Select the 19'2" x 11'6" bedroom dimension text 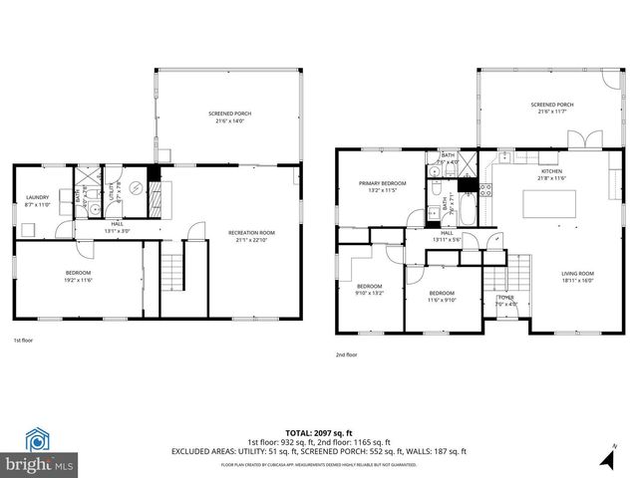(78, 280)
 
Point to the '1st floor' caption (24, 341)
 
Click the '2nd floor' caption (348, 354)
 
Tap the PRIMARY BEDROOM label (383, 183)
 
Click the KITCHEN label (552, 171)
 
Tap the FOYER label (505, 297)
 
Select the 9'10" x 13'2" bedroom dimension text (369, 293)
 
